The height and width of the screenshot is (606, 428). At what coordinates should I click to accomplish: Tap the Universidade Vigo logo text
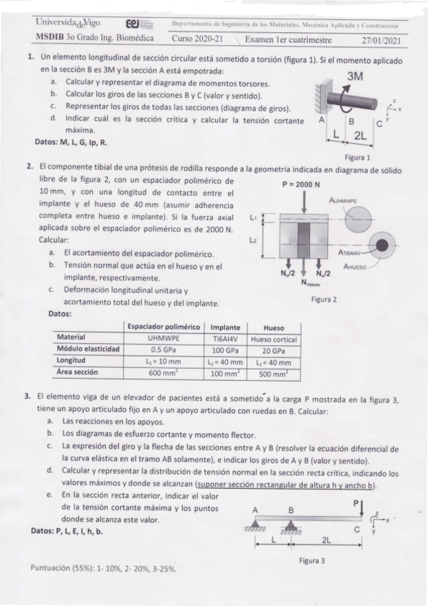click(x=65, y=24)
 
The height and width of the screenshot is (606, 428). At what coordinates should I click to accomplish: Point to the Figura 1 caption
click(x=357, y=157)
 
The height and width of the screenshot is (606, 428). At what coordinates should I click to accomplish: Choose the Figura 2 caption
click(x=324, y=299)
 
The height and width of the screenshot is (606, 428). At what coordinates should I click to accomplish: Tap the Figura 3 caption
click(x=312, y=561)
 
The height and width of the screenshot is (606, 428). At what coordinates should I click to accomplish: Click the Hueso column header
click(x=274, y=327)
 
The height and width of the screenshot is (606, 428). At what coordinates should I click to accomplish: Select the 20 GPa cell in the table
click(x=274, y=349)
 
